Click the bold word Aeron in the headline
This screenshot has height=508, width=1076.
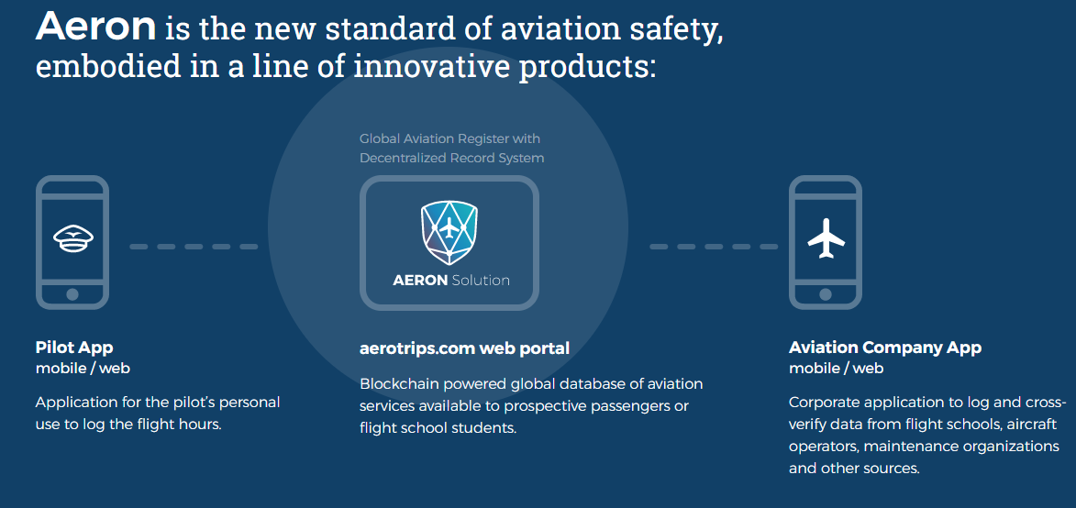point(96,26)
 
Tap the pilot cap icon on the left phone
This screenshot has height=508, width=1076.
point(72,237)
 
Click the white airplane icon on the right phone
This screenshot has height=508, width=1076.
point(826,237)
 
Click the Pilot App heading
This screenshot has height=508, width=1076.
point(74,347)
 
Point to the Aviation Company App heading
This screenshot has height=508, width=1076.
point(885,347)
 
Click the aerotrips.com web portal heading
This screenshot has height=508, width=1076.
point(464,348)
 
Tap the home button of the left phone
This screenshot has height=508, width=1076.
point(72,294)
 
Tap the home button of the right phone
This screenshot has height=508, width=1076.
point(826,294)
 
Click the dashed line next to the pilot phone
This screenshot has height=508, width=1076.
point(194,247)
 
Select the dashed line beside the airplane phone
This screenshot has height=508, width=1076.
point(714,247)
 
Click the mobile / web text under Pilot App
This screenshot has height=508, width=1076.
point(83,368)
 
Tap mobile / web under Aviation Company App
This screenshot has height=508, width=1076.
point(836,368)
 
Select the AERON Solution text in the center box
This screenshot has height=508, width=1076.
point(450,281)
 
